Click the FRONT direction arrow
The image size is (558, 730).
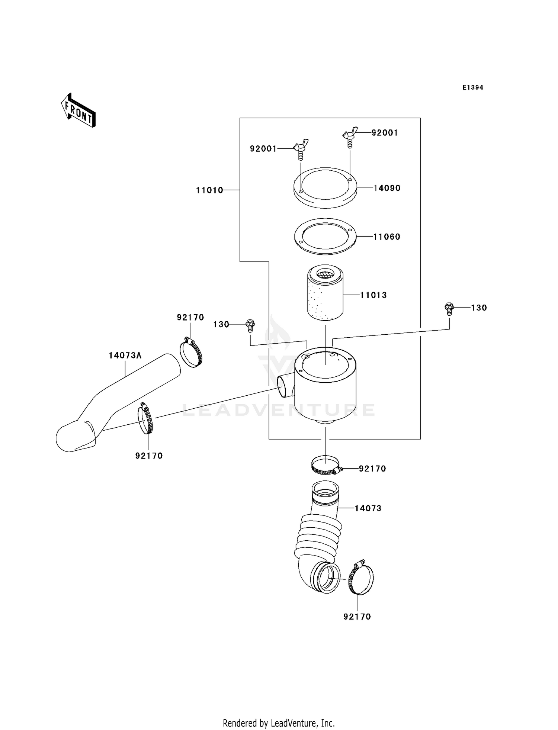[x=78, y=111]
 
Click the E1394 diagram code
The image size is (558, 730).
[x=472, y=87]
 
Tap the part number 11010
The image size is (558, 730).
[x=209, y=190]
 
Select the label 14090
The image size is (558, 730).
[x=387, y=188]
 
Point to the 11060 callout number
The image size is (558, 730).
[x=387, y=237]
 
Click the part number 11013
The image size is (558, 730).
[x=373, y=295]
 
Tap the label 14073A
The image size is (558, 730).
[x=125, y=356]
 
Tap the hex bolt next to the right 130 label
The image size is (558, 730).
[x=449, y=309]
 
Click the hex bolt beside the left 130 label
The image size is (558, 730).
[x=250, y=326]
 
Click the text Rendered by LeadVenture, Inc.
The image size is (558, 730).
[x=279, y=723]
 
